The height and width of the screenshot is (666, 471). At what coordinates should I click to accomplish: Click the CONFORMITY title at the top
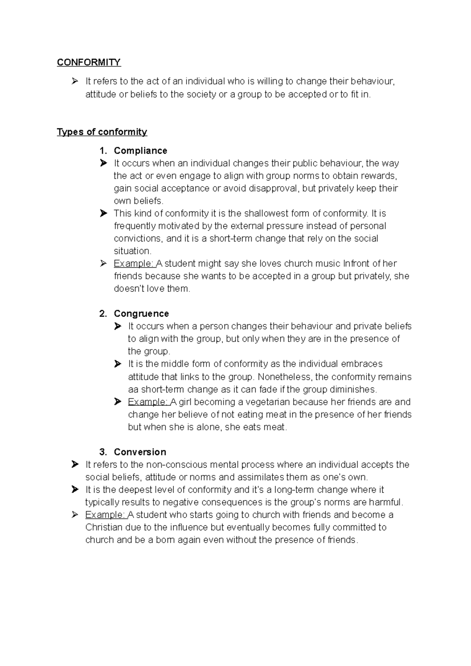pyautogui.click(x=89, y=62)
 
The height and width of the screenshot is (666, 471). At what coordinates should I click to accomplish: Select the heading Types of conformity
pyautogui.click(x=102, y=132)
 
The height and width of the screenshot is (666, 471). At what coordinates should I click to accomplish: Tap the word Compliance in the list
pyautogui.click(x=140, y=151)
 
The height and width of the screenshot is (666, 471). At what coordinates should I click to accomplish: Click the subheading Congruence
pyautogui.click(x=141, y=314)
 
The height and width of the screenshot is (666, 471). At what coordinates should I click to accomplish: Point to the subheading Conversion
pyautogui.click(x=140, y=452)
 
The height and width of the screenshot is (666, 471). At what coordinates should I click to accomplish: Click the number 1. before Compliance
pyautogui.click(x=103, y=151)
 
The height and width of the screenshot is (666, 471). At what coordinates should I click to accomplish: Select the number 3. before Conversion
pyautogui.click(x=103, y=452)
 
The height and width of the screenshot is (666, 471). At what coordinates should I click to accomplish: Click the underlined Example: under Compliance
pyautogui.click(x=134, y=263)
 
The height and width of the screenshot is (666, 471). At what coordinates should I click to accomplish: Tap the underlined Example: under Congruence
pyautogui.click(x=148, y=402)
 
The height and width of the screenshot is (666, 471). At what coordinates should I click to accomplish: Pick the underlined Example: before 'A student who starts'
pyautogui.click(x=105, y=515)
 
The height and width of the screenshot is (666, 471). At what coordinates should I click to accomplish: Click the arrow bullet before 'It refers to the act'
pyautogui.click(x=75, y=82)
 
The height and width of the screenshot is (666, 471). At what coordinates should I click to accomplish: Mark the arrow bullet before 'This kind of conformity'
pyautogui.click(x=103, y=214)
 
